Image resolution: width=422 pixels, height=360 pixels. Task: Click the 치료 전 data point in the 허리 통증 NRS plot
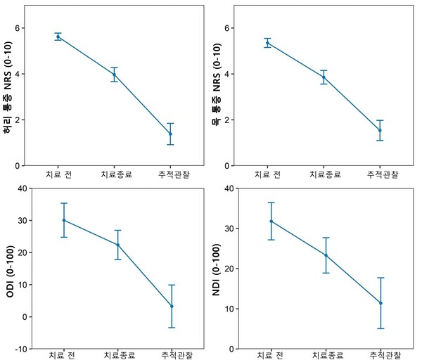click(58, 37)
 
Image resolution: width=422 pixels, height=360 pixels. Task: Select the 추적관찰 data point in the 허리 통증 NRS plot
click(170, 134)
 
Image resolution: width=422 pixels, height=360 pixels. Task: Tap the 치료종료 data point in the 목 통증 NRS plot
click(324, 77)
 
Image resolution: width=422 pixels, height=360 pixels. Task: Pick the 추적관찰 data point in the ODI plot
click(172, 306)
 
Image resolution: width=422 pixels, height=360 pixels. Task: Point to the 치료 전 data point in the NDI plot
click(271, 221)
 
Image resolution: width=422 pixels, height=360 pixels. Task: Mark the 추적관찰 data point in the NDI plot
click(381, 303)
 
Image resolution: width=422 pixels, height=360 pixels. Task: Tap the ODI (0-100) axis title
click(10, 268)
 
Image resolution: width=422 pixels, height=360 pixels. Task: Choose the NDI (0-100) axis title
click(217, 268)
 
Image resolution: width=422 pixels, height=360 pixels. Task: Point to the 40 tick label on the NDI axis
click(227, 188)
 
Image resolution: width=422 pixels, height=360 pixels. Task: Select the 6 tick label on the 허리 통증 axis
click(20, 28)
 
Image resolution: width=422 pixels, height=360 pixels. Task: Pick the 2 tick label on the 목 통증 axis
click(229, 120)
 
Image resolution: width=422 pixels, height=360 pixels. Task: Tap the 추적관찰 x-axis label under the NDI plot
click(381, 355)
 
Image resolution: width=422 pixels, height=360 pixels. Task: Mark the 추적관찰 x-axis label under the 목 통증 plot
click(380, 174)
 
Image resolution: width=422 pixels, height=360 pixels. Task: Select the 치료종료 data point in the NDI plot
click(326, 255)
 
